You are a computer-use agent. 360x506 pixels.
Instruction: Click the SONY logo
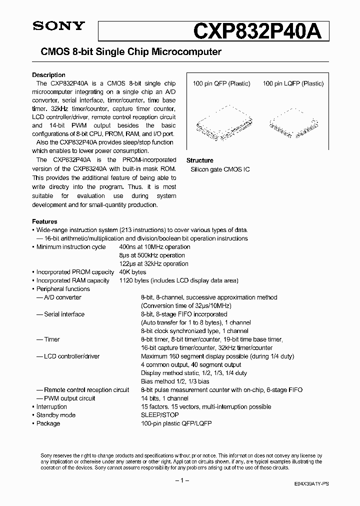coord(59,26)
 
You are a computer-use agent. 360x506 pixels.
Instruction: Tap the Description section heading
coord(48,75)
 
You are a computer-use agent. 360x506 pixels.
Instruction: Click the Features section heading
coord(44,221)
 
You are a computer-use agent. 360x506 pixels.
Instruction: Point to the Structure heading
coord(199,160)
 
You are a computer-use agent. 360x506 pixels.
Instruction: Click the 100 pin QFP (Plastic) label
coord(221,84)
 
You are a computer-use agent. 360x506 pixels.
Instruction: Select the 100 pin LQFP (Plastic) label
coord(293,84)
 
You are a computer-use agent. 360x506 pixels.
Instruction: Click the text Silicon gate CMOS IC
coord(220,169)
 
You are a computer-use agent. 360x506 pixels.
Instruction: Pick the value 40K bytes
coord(132,272)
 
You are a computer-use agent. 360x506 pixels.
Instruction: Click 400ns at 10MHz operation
coord(154,247)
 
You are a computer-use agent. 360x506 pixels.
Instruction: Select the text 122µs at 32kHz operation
coord(153,263)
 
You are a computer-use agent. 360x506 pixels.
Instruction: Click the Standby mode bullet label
coord(55,415)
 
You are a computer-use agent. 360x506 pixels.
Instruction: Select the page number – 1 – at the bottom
coord(180,480)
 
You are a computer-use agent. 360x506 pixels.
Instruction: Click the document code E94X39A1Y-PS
coord(311,485)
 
